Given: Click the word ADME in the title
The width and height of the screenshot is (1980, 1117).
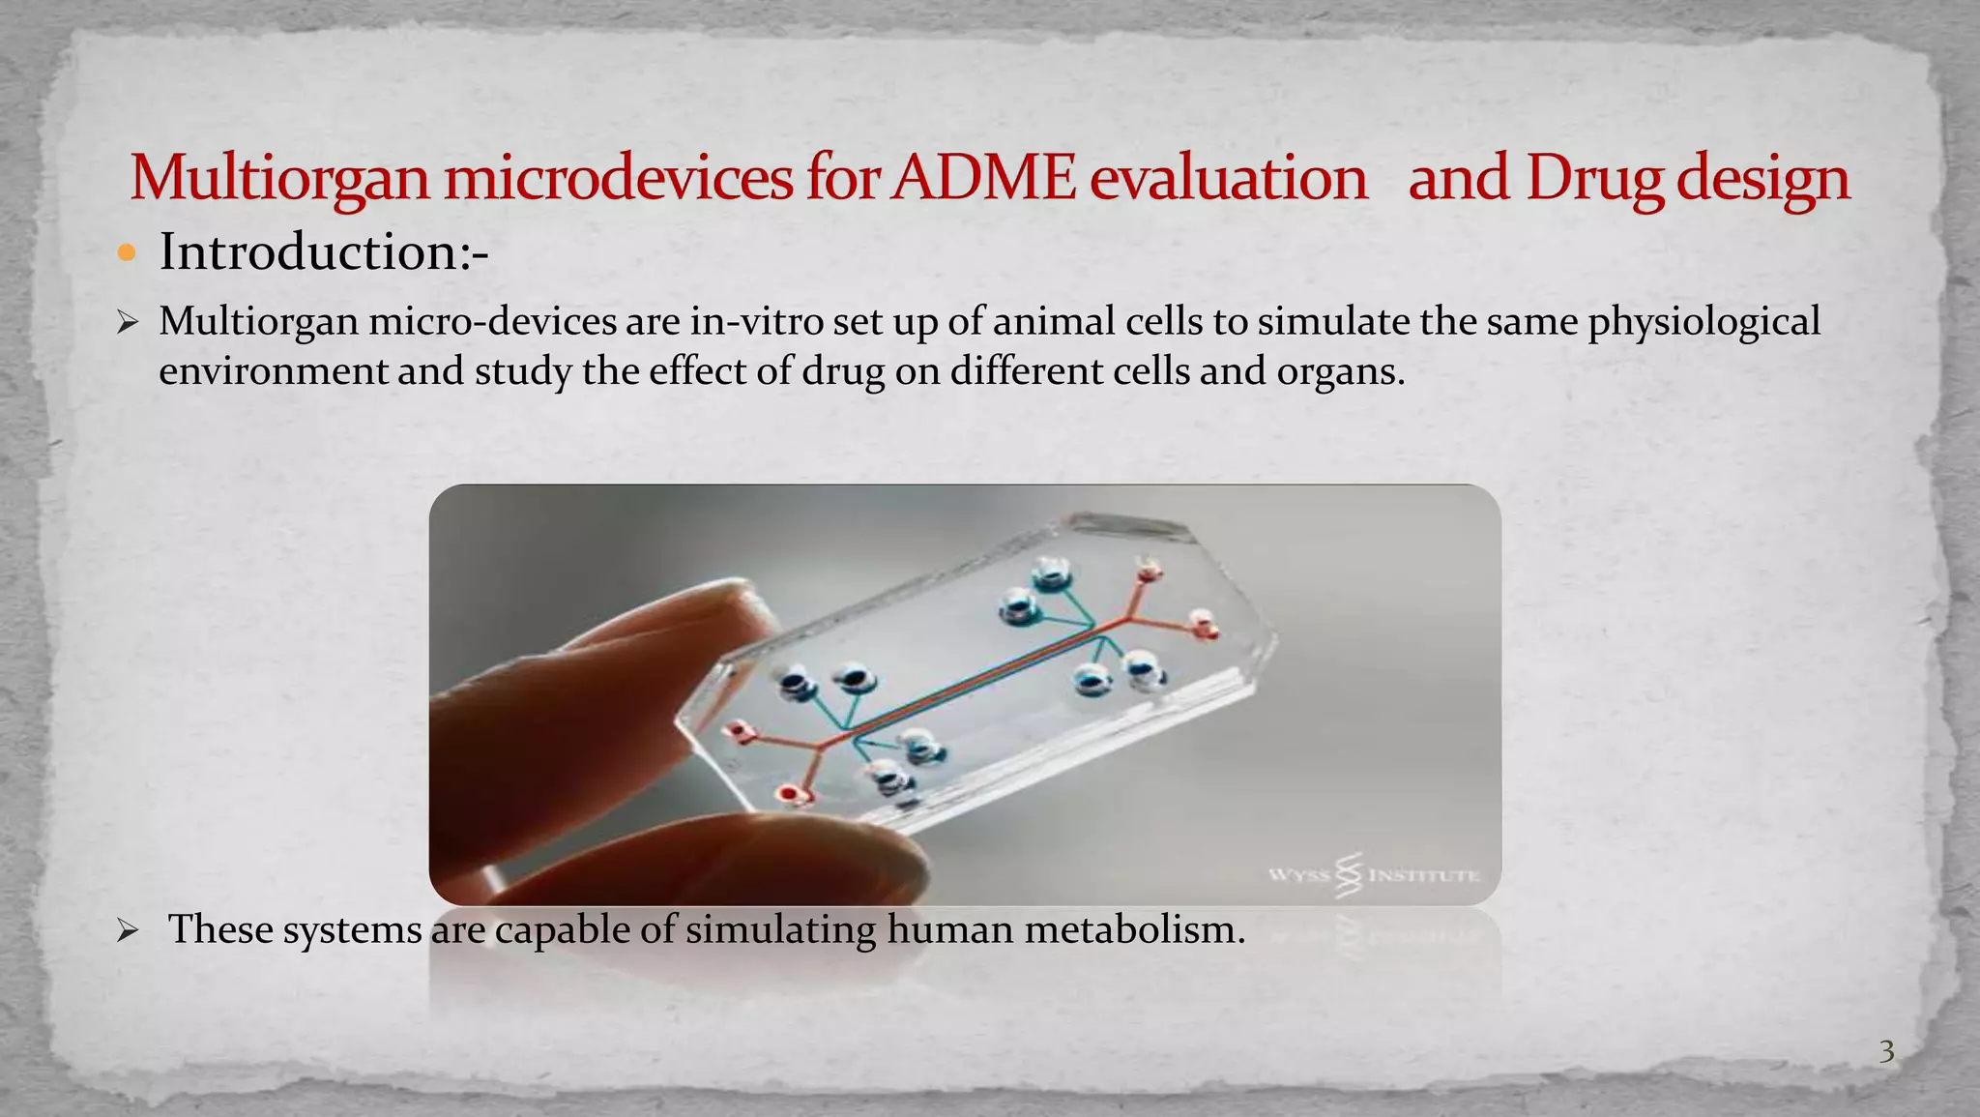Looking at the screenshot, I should pyautogui.click(x=983, y=179).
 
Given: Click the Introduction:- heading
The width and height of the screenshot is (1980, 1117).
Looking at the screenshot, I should pyautogui.click(x=324, y=252).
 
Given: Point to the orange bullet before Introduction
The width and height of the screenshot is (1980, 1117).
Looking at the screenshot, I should pyautogui.click(x=127, y=253).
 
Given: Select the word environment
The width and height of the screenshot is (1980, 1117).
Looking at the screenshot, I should pyautogui.click(x=273, y=371).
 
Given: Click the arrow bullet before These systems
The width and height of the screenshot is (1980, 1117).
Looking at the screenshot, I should pyautogui.click(x=128, y=931).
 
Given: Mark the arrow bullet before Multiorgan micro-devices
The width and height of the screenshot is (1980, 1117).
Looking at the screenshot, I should pyautogui.click(x=128, y=322).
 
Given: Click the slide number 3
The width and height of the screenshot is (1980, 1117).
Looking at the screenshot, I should pyautogui.click(x=1886, y=1051).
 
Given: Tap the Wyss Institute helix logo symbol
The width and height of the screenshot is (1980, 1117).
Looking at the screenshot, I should pyautogui.click(x=1350, y=874).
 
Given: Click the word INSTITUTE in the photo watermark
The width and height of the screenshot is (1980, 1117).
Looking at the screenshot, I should pyautogui.click(x=1424, y=876).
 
